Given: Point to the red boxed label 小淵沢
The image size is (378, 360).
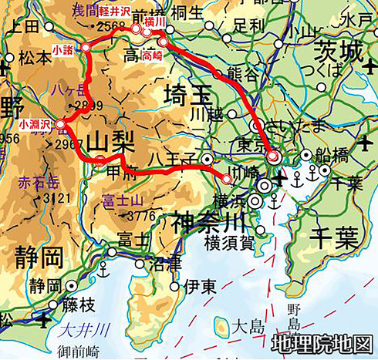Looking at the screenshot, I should [x=35, y=123].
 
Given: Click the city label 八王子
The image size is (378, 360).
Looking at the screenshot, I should [x=177, y=160].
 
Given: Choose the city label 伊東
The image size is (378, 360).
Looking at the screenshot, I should [x=201, y=286].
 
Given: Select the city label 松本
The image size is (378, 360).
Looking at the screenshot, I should [x=34, y=58].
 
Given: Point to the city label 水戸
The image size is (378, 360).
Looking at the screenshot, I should [x=357, y=19].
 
